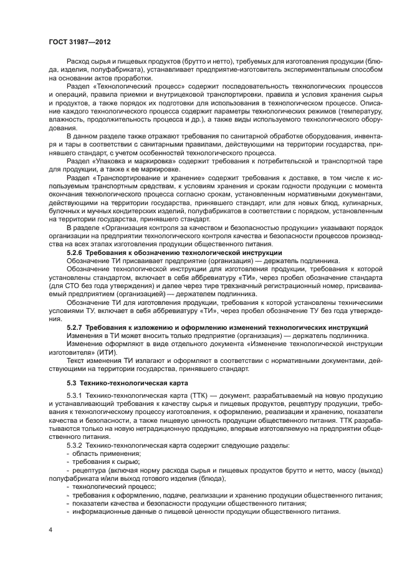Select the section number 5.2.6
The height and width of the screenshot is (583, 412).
tap(75, 253)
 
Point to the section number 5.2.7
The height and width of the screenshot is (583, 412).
tap(75, 327)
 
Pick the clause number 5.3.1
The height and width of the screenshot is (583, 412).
tap(75, 397)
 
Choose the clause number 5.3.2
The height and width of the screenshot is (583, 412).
tap(75, 446)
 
